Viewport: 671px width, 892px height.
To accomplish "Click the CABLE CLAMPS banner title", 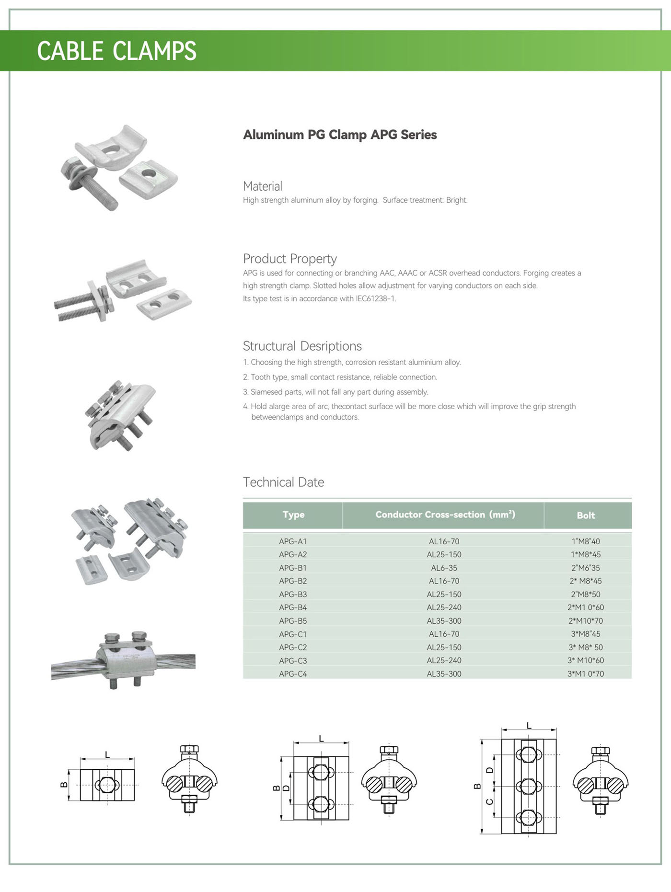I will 116,51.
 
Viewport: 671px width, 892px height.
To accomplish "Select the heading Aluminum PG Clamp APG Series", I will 340,135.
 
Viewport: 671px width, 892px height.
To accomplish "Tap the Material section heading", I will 262,186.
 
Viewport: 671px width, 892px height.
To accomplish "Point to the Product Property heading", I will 289,259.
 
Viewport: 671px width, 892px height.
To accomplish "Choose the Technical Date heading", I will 283,482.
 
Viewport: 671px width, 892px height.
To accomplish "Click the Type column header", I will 293,515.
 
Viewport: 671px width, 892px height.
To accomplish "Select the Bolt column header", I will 586,515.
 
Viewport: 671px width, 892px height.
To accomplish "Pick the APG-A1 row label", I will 293,541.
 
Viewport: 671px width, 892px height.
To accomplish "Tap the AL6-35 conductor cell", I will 444,568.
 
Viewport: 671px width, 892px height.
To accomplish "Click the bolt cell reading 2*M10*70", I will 586,621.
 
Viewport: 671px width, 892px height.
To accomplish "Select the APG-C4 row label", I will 293,674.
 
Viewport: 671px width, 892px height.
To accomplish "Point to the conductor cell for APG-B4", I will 444,607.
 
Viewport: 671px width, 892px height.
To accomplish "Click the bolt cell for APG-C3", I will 586,660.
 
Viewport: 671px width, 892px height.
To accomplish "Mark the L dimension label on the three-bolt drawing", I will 529,725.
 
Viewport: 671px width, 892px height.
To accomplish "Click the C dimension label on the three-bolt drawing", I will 489,802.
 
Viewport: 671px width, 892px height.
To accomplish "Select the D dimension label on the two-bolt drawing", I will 286,788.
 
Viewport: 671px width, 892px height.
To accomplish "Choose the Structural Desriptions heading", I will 302,346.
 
